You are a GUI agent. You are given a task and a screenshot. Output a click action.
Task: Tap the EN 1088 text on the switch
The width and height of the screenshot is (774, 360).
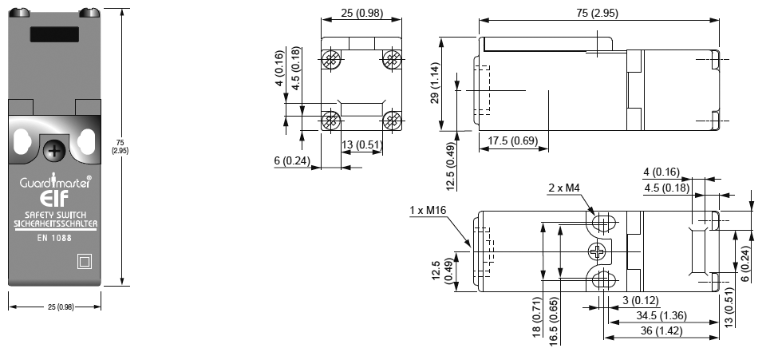click(x=54, y=238)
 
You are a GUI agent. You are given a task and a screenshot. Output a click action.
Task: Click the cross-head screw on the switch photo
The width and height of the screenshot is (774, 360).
click(x=54, y=150)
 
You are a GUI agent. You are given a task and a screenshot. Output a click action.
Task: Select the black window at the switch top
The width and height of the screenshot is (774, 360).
click(x=54, y=35)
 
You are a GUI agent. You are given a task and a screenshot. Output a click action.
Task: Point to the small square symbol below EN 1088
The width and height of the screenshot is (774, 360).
click(x=82, y=261)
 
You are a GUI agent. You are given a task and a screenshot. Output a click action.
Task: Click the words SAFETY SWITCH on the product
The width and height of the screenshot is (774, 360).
click(x=54, y=216)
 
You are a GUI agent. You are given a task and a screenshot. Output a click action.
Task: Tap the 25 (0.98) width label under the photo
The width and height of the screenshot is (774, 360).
click(x=55, y=307)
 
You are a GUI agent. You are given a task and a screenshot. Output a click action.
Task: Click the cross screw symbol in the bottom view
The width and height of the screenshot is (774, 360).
click(x=598, y=252)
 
